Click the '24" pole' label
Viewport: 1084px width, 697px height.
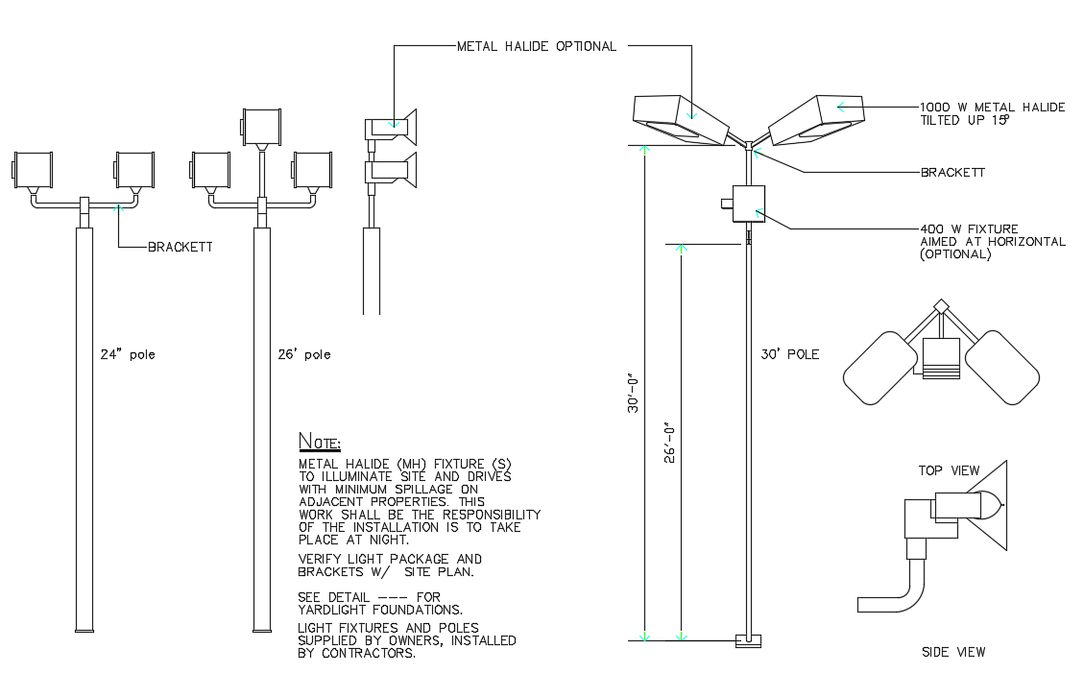click(x=128, y=354)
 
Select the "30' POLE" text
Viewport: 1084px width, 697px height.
click(x=789, y=354)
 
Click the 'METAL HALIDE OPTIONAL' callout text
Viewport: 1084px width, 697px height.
click(x=536, y=46)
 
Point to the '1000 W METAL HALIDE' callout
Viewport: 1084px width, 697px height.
click(x=992, y=107)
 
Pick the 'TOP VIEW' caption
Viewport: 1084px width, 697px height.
click(x=949, y=470)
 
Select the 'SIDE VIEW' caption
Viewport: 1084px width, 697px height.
click(x=952, y=652)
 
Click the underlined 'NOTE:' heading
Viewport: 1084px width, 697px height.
click(x=320, y=443)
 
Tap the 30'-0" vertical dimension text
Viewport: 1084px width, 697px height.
click(x=634, y=394)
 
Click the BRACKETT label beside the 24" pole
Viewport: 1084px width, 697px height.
click(x=180, y=247)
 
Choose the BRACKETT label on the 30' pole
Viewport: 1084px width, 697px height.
click(x=952, y=173)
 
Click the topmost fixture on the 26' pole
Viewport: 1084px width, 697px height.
click(x=260, y=125)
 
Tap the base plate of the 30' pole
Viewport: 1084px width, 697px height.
click(x=747, y=640)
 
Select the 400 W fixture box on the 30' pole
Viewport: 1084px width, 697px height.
click(x=747, y=203)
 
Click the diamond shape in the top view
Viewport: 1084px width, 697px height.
click(x=942, y=306)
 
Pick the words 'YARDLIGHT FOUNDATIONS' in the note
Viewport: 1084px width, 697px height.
click(x=380, y=610)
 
